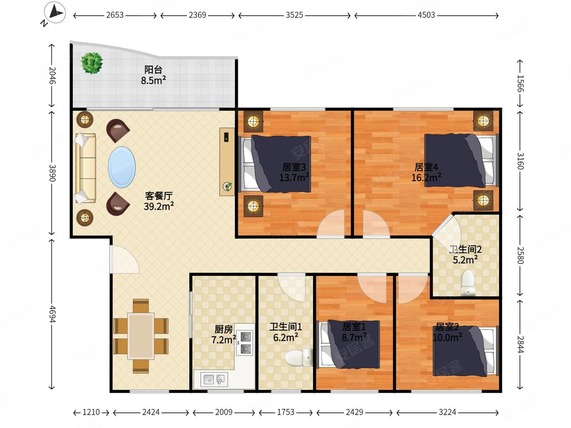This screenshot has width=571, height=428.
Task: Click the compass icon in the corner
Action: tap(55, 12)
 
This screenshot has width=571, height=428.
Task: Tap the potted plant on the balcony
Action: tap(91, 63)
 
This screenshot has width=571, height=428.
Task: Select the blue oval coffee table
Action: tap(122, 167)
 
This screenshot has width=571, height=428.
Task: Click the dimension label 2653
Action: tap(115, 15)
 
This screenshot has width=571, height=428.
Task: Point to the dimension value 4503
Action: tap(426, 15)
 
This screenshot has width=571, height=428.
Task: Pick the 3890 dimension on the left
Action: tap(52, 173)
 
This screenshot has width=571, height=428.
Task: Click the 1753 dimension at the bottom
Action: tap(285, 412)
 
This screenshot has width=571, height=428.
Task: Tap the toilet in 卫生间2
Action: tap(468, 283)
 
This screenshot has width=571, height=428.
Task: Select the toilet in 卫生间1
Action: tap(299, 358)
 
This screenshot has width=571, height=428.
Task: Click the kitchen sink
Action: tap(214, 379)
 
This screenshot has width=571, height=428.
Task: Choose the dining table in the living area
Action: tap(141, 336)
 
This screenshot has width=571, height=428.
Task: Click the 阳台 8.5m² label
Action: tap(154, 75)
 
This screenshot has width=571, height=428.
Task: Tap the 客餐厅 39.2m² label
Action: tap(158, 201)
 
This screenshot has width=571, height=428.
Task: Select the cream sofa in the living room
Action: tap(85, 168)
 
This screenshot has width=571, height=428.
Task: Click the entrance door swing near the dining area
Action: tap(124, 259)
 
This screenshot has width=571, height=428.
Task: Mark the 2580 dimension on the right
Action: tap(520, 255)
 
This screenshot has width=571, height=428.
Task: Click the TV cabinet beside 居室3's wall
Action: tap(227, 161)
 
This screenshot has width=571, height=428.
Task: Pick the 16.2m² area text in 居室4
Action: tap(426, 178)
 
